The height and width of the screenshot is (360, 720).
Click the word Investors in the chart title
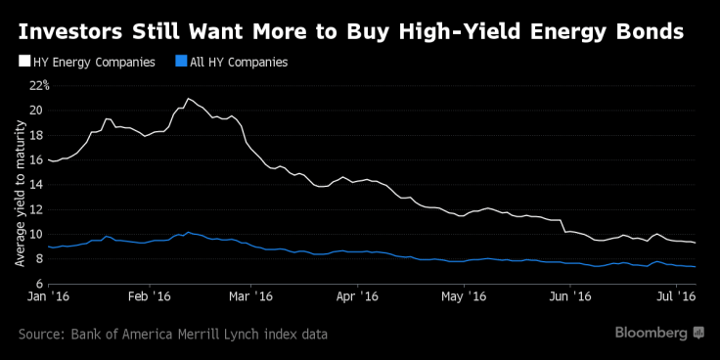(69, 30)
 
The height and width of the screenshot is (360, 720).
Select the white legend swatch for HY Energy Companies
(23, 63)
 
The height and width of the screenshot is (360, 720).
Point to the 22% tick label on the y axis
(39, 85)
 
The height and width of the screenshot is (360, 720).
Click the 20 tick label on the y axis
(36, 110)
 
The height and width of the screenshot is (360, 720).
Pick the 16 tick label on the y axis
(36, 159)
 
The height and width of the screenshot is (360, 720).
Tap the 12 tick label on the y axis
(36, 209)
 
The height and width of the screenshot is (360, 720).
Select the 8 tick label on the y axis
(39, 259)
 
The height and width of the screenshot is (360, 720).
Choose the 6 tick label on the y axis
(39, 285)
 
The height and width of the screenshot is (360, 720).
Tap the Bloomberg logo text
(651, 334)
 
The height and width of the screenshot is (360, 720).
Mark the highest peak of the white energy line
(188, 99)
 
